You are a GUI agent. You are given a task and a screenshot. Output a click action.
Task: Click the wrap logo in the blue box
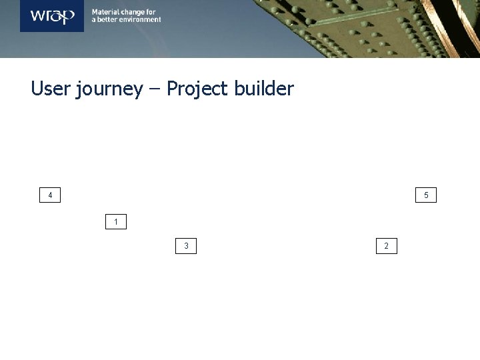point(52,16)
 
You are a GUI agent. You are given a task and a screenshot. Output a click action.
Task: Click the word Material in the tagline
point(105,12)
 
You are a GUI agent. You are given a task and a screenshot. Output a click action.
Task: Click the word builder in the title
point(264,89)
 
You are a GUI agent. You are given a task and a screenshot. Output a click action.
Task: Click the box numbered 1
point(116,221)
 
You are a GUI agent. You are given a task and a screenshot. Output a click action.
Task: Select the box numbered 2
point(387,246)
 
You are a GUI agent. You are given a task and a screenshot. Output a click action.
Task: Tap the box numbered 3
point(186,246)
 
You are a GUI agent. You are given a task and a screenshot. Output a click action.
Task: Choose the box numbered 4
point(50,195)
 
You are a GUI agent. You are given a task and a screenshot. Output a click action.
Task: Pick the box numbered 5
point(426,195)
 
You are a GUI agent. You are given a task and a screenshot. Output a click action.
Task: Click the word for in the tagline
point(151,12)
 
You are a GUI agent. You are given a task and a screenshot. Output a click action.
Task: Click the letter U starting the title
point(37,89)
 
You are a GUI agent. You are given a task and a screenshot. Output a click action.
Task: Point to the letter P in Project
point(171,89)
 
